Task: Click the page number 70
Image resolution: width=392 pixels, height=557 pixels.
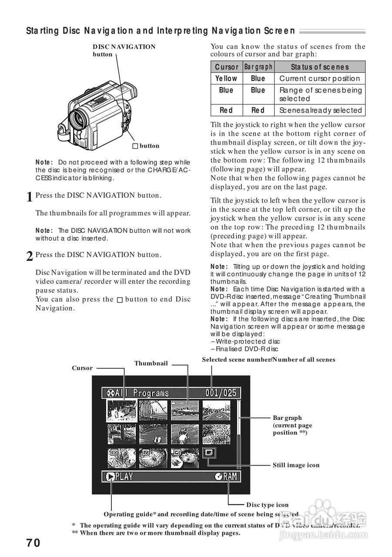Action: tap(33, 543)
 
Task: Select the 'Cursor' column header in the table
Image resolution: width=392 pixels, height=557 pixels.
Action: tap(227, 67)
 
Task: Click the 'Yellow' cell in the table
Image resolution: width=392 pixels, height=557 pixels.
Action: tap(227, 79)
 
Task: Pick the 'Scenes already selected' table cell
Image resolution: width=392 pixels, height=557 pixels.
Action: tap(321, 111)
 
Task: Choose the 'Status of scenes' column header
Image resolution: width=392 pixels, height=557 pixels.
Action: tap(320, 67)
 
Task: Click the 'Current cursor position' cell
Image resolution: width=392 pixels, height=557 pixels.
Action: tap(320, 79)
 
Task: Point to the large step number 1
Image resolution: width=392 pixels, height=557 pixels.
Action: tap(30, 197)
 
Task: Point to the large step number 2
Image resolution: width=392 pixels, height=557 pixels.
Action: tap(30, 257)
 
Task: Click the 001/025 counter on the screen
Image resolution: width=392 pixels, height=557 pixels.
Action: tap(221, 393)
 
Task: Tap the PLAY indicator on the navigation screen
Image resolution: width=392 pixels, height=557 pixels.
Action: tap(120, 476)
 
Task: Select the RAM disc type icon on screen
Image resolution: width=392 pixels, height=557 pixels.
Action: tap(227, 476)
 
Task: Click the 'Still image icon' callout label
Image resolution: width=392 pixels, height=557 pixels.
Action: tap(296, 465)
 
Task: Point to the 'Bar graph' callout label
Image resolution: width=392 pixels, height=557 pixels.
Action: tap(288, 418)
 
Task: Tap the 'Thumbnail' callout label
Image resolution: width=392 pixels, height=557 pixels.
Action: tap(151, 363)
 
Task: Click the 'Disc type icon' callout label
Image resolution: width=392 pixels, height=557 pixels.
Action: tap(267, 505)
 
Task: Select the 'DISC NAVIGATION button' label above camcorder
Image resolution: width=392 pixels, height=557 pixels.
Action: tap(124, 47)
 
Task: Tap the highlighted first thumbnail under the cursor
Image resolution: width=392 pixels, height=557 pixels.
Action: tap(122, 411)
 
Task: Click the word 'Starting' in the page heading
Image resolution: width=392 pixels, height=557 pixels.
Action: tap(42, 31)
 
